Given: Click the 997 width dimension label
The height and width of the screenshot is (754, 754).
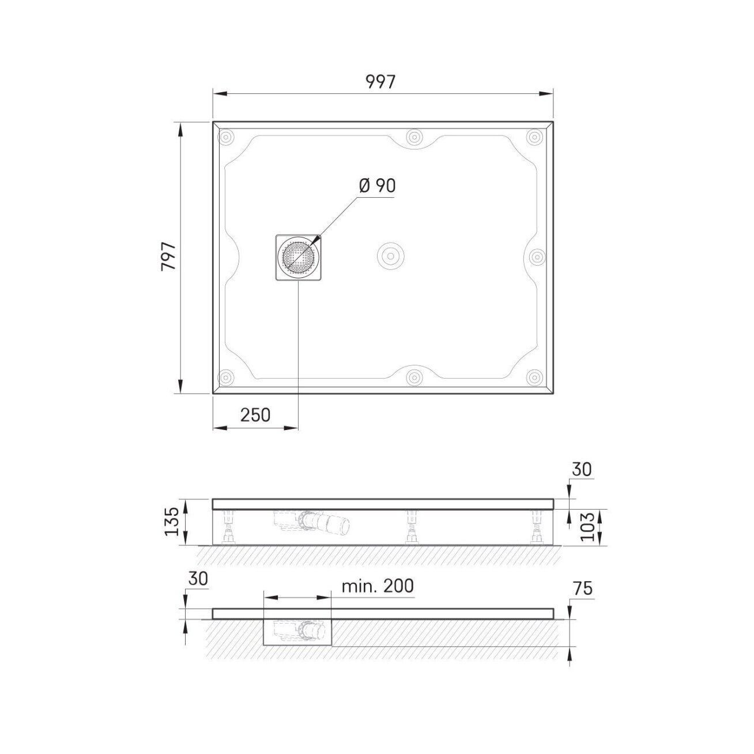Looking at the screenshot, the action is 380,82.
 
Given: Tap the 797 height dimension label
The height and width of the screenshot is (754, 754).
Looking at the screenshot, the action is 169,257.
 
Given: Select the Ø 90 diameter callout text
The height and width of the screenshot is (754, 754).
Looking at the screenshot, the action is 377,186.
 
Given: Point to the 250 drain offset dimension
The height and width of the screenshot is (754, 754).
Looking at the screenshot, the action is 255,415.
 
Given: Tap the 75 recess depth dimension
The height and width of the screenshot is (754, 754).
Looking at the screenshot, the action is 583,599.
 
